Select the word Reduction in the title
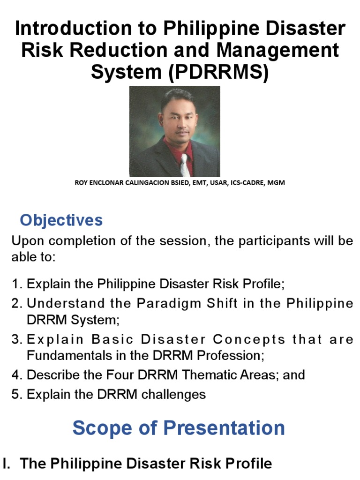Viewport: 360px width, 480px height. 120,51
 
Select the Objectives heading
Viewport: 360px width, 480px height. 61,220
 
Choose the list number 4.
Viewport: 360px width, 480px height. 16,375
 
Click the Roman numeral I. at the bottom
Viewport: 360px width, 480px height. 7,464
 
